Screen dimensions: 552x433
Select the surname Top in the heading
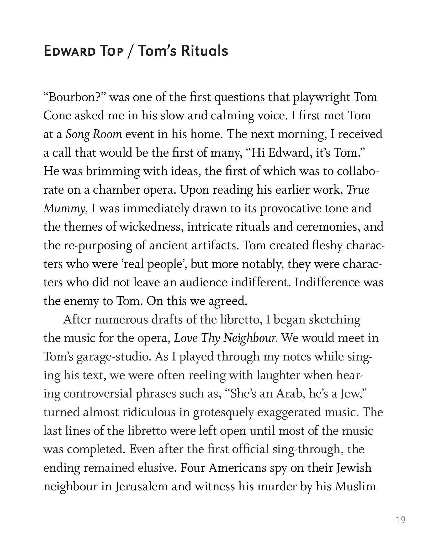(x=111, y=51)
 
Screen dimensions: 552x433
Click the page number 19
(x=401, y=520)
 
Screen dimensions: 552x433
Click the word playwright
(x=321, y=97)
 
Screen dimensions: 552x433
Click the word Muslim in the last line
(x=355, y=487)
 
